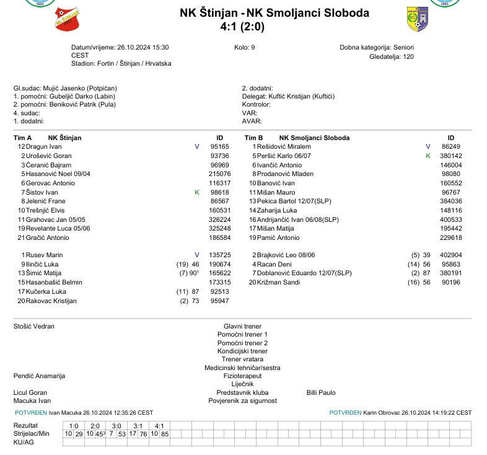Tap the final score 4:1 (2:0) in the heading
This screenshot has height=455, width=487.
click(x=242, y=27)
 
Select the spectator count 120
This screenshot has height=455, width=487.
click(x=408, y=56)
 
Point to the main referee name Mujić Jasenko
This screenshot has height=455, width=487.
click(x=65, y=89)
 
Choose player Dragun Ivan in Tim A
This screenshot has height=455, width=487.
click(x=44, y=146)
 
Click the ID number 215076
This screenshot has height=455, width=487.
click(x=219, y=174)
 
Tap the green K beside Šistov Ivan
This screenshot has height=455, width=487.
click(x=197, y=193)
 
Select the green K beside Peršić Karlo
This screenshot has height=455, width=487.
click(x=428, y=156)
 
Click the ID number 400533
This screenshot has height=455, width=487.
click(x=451, y=219)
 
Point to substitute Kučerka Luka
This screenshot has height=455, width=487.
click(x=46, y=291)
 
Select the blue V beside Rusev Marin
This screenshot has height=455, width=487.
click(x=197, y=255)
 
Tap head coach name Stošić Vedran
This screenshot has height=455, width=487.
click(x=34, y=326)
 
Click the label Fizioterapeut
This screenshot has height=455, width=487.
click(x=242, y=376)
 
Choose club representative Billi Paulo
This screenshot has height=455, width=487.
click(x=321, y=392)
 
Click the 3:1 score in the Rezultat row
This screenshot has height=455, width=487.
click(x=138, y=426)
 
